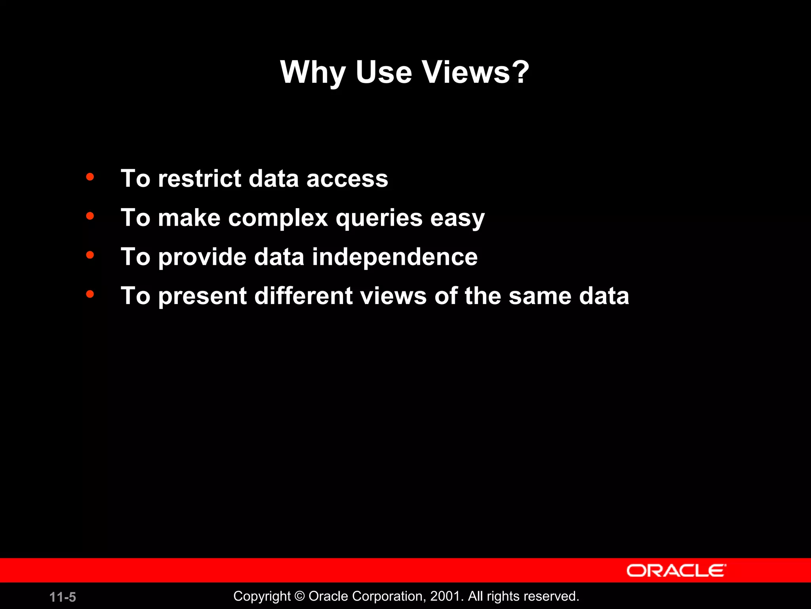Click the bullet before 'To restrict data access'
(90, 177)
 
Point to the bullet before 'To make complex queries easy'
(90, 216)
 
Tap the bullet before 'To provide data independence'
(90, 255)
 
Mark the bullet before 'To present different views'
(90, 294)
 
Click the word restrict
(200, 178)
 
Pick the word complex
(278, 218)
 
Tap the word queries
(379, 218)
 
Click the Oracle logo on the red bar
(676, 571)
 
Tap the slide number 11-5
(63, 597)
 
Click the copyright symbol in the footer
(300, 596)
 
